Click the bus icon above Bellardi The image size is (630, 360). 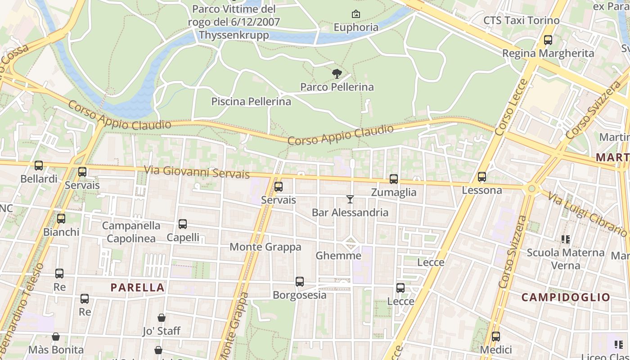(39, 166)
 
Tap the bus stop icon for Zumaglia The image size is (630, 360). (394, 179)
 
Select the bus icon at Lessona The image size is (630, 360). (482, 177)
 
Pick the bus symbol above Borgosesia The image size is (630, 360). (300, 282)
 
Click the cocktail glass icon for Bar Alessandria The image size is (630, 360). (350, 199)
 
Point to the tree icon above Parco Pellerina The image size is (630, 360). (337, 74)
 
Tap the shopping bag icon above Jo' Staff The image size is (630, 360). (162, 318)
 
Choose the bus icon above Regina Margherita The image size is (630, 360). (548, 40)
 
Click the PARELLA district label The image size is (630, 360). (138, 288)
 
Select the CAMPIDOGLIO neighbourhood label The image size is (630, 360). (566, 297)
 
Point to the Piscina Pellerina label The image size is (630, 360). (251, 102)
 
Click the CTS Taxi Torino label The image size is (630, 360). (521, 21)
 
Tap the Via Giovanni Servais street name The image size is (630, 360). (197, 172)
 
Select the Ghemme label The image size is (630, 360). (338, 256)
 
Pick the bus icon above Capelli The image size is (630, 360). (183, 224)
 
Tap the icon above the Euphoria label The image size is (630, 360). (356, 14)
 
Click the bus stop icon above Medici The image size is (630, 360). (496, 337)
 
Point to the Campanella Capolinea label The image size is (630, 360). (131, 232)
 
